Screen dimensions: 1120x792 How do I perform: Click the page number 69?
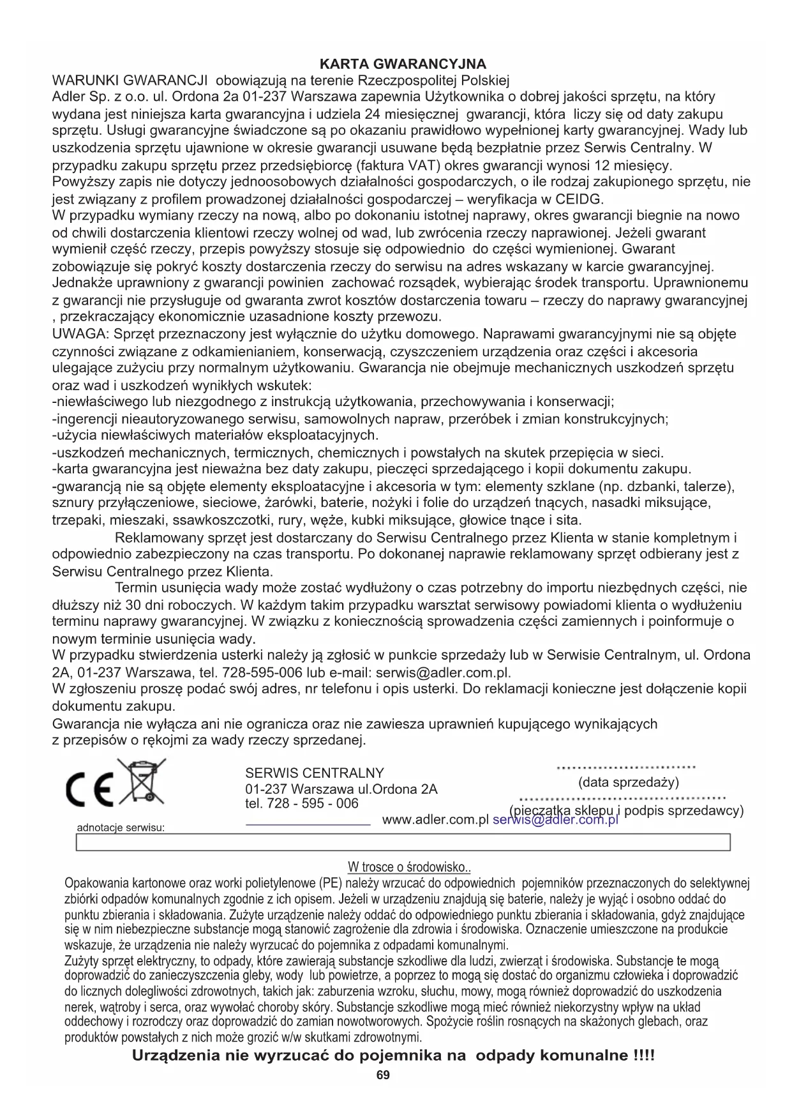click(x=383, y=1075)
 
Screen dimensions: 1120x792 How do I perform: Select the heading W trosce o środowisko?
click(x=409, y=867)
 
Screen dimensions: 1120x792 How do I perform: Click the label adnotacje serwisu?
click(x=121, y=828)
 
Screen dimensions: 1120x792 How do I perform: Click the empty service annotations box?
click(x=403, y=843)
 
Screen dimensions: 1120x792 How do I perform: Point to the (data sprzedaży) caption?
click(x=629, y=783)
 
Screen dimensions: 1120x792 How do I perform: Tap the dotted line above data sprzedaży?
click(x=626, y=768)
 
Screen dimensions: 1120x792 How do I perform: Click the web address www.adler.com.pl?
click(x=435, y=820)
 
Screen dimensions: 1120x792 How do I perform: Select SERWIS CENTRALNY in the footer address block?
click(x=315, y=773)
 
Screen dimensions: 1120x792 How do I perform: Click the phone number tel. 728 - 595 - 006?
click(x=302, y=804)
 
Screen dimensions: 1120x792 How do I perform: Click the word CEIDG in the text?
click(x=579, y=199)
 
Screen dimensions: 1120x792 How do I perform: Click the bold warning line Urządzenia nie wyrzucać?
click(x=393, y=1056)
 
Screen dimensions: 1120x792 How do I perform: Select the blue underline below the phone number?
click(x=308, y=825)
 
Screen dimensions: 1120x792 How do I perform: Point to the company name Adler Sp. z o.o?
click(x=100, y=97)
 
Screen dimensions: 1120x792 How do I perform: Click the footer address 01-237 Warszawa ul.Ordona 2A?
click(x=341, y=789)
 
